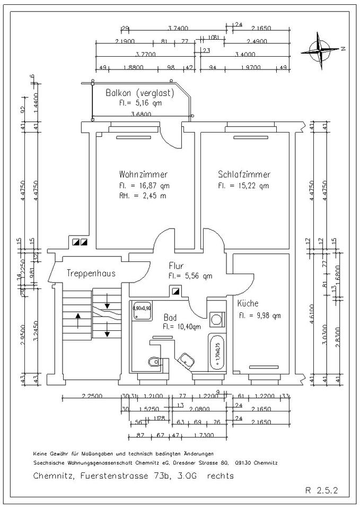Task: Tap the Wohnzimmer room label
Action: coord(143,174)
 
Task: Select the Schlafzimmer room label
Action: coord(244,174)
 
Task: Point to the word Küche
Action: coord(248,304)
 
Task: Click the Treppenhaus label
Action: coord(91,274)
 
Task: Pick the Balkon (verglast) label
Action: coord(140,92)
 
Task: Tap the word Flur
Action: coord(176,265)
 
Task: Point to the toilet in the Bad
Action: coord(153,362)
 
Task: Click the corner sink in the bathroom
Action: coord(187,359)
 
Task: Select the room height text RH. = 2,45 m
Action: coord(142,196)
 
